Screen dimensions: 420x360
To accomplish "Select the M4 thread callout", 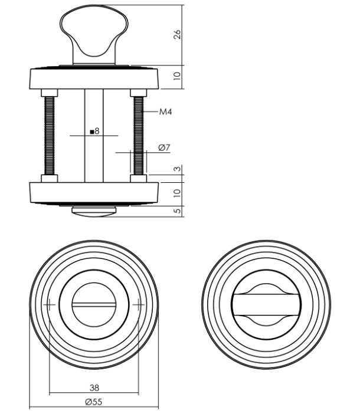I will click(166, 111).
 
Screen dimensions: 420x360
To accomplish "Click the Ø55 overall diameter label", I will click(94, 402).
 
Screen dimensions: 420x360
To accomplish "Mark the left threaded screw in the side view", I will click(49, 136).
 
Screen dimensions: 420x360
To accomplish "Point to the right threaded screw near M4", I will click(139, 136).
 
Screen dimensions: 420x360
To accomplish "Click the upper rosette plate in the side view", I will click(94, 78).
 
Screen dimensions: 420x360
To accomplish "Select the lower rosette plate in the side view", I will click(94, 192).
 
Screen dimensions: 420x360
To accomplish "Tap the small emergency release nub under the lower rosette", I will click(94, 210).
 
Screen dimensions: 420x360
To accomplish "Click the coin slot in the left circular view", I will click(94, 304).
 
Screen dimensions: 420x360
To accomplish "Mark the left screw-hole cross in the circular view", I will click(49, 304).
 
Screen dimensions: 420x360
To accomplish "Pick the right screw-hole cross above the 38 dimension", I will click(139, 304).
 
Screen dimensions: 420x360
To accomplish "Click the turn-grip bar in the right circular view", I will click(266, 304).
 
